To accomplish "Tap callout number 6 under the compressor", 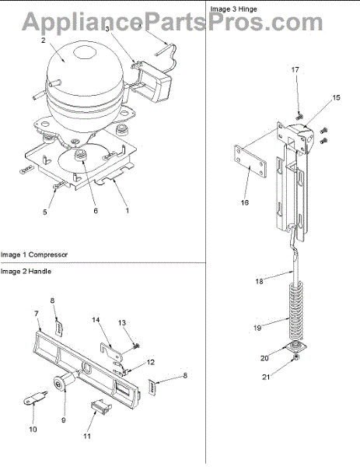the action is (96, 211).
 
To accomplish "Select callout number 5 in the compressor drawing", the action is (45, 212).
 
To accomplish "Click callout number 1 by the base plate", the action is (128, 211).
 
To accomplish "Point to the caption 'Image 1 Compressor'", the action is (34, 255).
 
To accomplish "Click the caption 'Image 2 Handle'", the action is (26, 272).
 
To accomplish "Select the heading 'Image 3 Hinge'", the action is (233, 9).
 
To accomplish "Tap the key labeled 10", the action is (35, 399).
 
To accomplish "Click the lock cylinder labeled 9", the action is (65, 381).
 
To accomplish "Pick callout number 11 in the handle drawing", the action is (86, 436).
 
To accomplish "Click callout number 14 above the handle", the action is (96, 320).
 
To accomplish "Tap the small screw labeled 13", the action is (137, 346).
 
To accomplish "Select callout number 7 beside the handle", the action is (37, 314).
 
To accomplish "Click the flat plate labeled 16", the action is (250, 163).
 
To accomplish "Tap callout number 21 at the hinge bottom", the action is (266, 377).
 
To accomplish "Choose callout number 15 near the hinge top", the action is (336, 98).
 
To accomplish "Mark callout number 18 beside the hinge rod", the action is (259, 281).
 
